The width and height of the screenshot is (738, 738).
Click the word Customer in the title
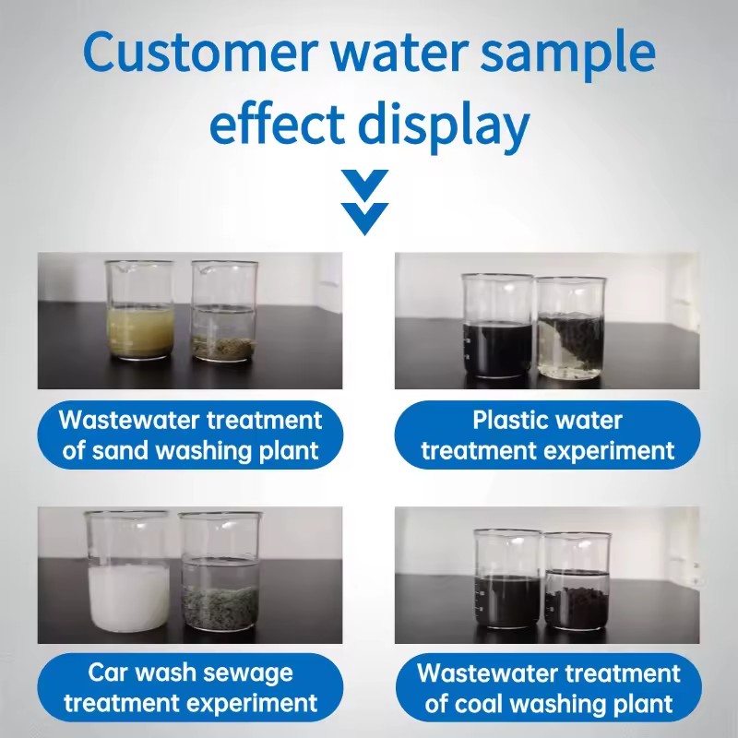pyautogui.click(x=197, y=52)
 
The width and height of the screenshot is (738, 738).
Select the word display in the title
pyautogui.click(x=444, y=125)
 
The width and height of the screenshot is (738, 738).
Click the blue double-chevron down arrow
pyautogui.click(x=364, y=202)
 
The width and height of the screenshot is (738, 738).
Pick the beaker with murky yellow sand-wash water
pyautogui.click(x=140, y=311)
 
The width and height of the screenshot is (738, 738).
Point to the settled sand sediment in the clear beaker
pyautogui.click(x=224, y=349)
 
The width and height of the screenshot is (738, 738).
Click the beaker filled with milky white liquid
pyautogui.click(x=127, y=572)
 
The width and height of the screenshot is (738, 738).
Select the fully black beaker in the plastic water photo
pyautogui.click(x=498, y=326)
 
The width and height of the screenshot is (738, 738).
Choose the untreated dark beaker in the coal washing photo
pyautogui.click(x=507, y=579)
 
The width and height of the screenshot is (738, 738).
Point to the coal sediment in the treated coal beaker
pyautogui.click(x=577, y=606)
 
